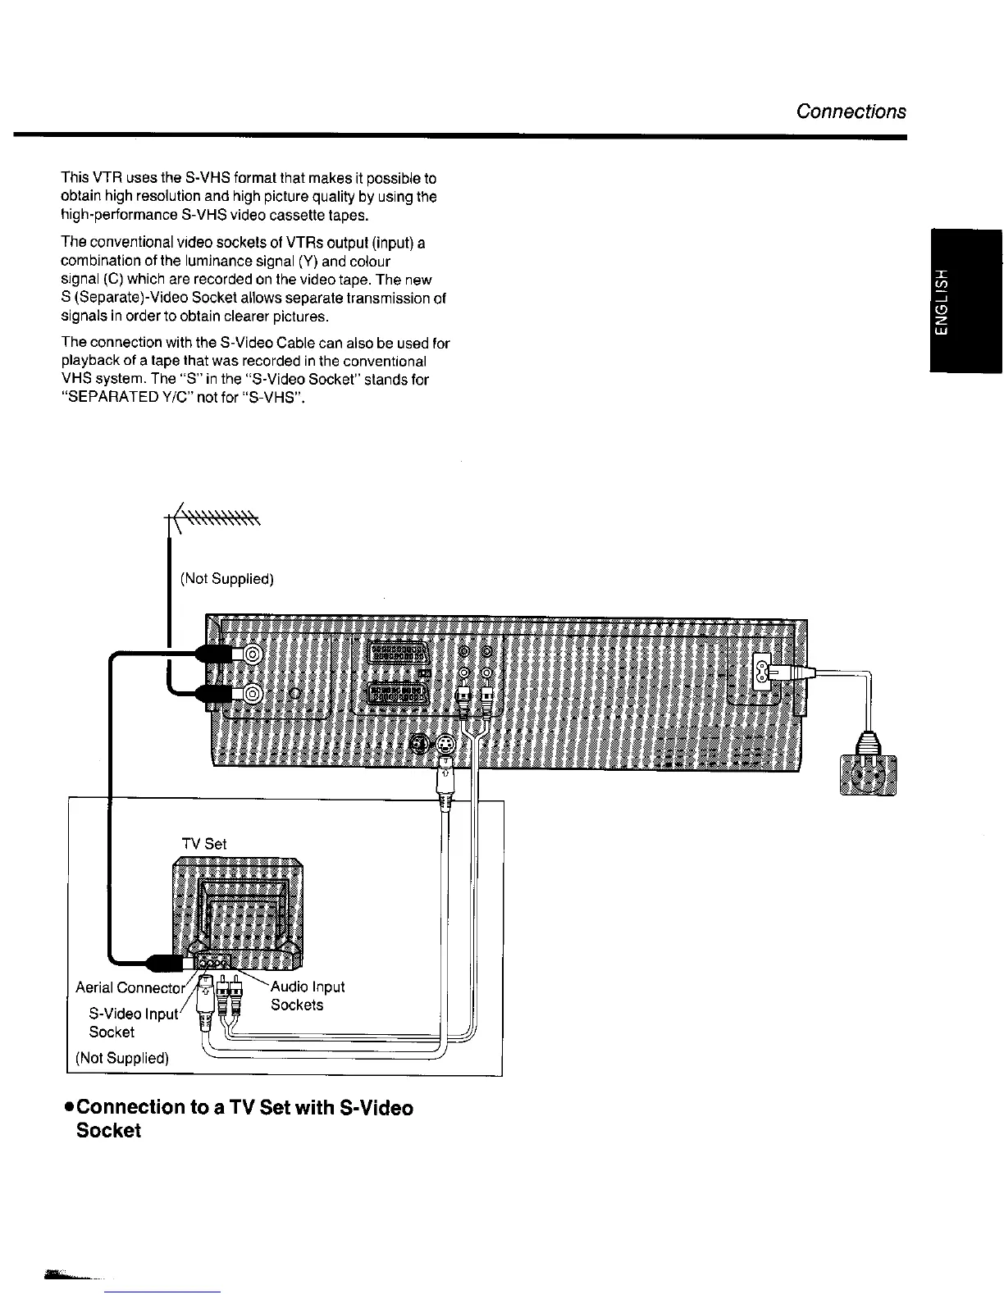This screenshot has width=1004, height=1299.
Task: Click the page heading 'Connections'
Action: coord(851,112)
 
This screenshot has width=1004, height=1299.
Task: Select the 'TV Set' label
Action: coord(203,844)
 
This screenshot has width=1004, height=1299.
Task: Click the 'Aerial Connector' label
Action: coord(130,987)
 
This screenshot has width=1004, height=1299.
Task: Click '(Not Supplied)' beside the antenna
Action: coord(226,579)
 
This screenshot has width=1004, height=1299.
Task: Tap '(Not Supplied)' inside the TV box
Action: coord(122,1058)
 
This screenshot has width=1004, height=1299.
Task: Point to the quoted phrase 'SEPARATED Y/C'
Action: coord(121,399)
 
